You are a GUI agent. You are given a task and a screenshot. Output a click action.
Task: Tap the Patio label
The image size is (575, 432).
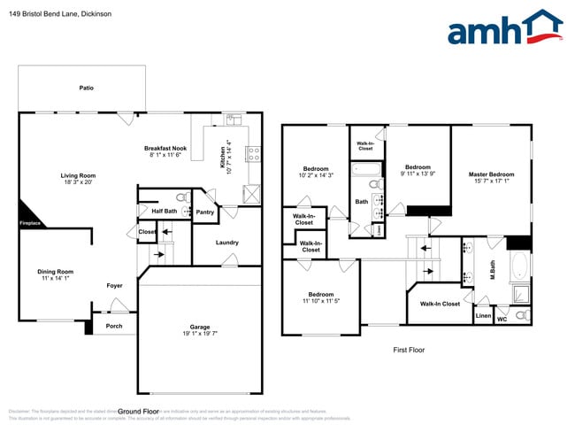(x=86, y=88)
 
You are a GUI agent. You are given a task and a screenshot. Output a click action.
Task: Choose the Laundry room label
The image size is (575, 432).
(x=227, y=243)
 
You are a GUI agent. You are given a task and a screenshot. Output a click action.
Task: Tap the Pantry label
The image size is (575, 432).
(x=205, y=212)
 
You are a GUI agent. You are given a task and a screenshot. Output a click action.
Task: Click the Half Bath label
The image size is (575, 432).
(x=164, y=211)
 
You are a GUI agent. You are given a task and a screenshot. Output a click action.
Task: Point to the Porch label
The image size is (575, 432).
(x=114, y=325)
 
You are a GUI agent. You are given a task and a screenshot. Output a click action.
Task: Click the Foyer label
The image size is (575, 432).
(x=115, y=285)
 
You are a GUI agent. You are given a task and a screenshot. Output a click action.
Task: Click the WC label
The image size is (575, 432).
(x=502, y=318)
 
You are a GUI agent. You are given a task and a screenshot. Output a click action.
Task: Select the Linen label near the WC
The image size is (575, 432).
(x=483, y=315)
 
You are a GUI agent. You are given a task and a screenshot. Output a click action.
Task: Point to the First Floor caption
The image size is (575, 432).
(x=409, y=350)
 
